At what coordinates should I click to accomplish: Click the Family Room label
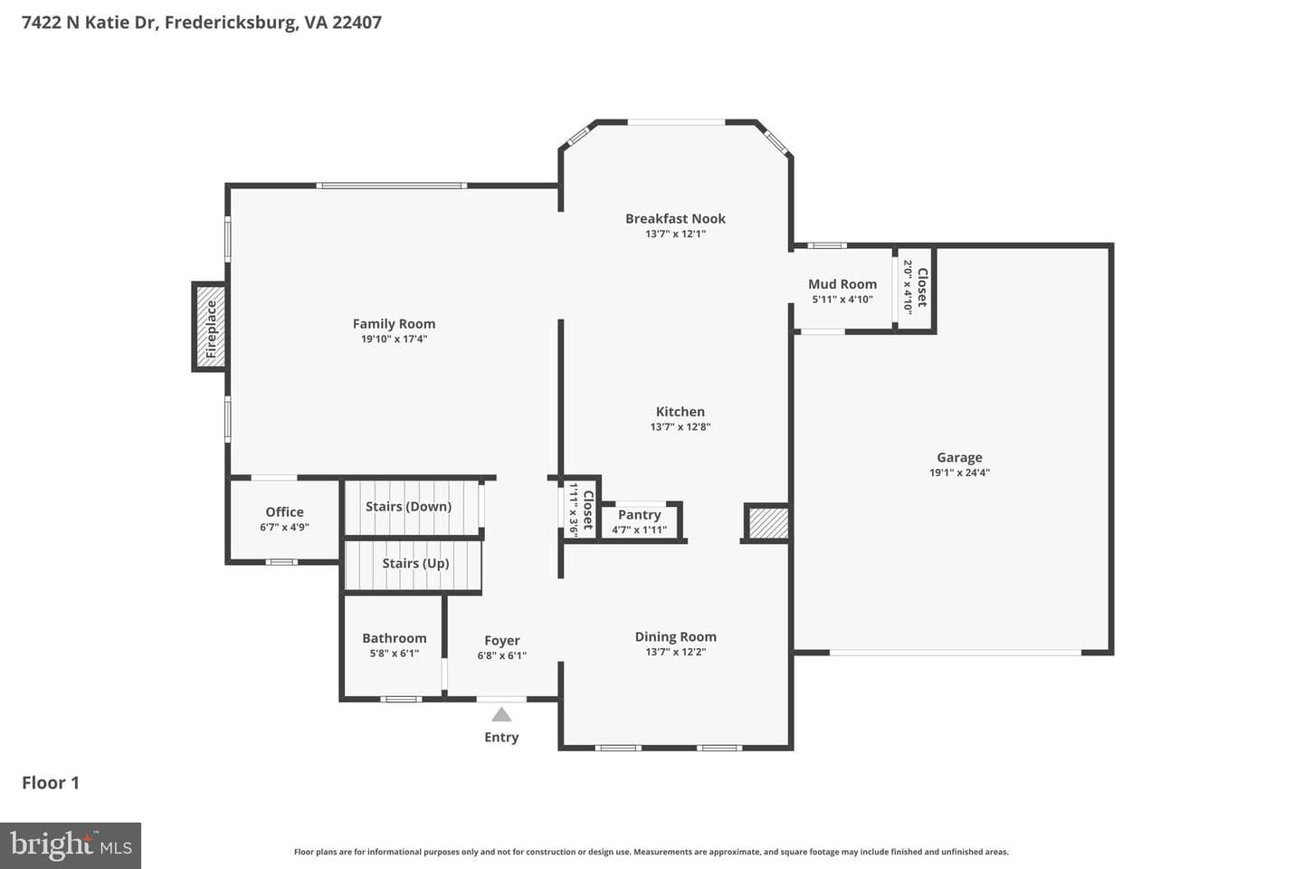pyautogui.click(x=394, y=324)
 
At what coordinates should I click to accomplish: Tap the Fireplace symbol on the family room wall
pyautogui.click(x=209, y=327)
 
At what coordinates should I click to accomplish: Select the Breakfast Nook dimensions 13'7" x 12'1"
pyautogui.click(x=675, y=234)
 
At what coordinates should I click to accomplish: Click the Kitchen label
pyautogui.click(x=680, y=412)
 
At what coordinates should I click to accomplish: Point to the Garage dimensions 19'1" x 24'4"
pyautogui.click(x=959, y=473)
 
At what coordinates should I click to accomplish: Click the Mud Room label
pyautogui.click(x=842, y=284)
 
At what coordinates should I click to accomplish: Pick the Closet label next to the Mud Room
pyautogui.click(x=922, y=288)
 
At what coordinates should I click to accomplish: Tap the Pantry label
pyautogui.click(x=639, y=515)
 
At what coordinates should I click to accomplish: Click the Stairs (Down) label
pyautogui.click(x=408, y=506)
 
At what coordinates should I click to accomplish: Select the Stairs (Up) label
pyautogui.click(x=415, y=563)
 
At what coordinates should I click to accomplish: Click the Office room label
pyautogui.click(x=284, y=512)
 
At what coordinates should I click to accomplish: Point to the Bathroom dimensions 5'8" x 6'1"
pyautogui.click(x=395, y=654)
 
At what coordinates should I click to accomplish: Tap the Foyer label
pyautogui.click(x=502, y=641)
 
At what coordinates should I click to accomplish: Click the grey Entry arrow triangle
pyautogui.click(x=501, y=714)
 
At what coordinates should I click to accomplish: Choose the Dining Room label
pyautogui.click(x=675, y=636)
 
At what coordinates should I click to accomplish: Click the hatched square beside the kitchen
pyautogui.click(x=767, y=523)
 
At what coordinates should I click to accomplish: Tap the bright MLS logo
pyautogui.click(x=71, y=845)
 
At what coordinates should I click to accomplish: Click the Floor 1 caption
pyautogui.click(x=51, y=783)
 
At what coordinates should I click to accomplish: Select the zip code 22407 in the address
pyautogui.click(x=357, y=23)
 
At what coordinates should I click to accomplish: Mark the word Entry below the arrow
pyautogui.click(x=501, y=738)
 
